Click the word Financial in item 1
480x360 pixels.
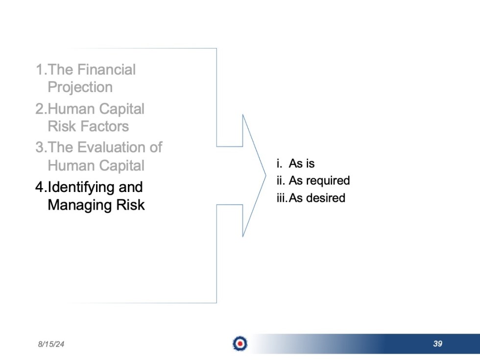(x=107, y=70)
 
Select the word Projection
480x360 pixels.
(x=80, y=87)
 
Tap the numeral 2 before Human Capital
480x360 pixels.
(x=40, y=109)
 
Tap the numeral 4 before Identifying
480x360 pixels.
(x=40, y=187)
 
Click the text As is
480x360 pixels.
(x=301, y=163)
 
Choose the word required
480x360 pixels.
(x=327, y=181)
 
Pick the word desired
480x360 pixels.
(x=325, y=198)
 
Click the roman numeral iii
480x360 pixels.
(x=281, y=198)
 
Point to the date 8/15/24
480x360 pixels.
(x=51, y=344)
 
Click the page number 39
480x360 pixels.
(x=437, y=344)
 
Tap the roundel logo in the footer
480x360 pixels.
(x=240, y=344)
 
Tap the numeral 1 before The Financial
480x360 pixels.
(x=40, y=70)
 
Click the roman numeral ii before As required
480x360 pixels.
(x=280, y=181)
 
